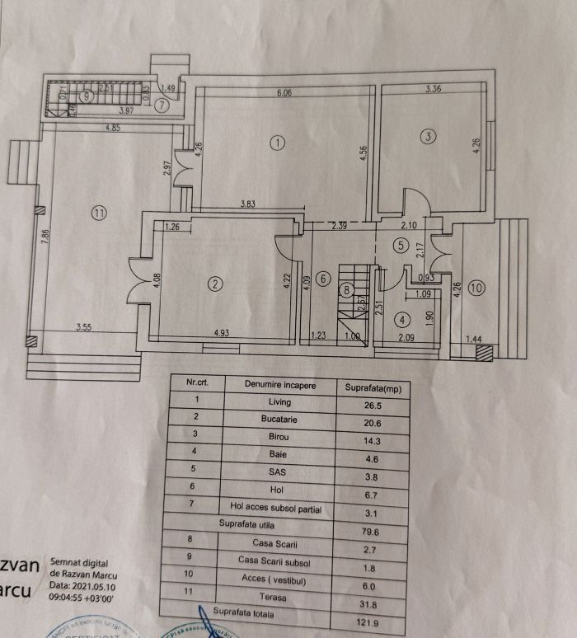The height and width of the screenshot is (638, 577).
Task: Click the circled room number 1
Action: click(278, 143)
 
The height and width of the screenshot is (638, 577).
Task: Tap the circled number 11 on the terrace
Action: click(99, 213)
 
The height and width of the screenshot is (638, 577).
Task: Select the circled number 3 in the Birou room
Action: click(427, 137)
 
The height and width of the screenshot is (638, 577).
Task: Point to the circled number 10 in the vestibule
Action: click(477, 288)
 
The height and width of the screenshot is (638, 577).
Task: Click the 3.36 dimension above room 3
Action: click(434, 88)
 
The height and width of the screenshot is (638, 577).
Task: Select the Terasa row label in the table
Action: click(271, 596)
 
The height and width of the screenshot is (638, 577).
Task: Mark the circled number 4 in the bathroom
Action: click(402, 319)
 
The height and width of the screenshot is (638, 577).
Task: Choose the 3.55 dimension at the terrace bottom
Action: click(83, 328)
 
